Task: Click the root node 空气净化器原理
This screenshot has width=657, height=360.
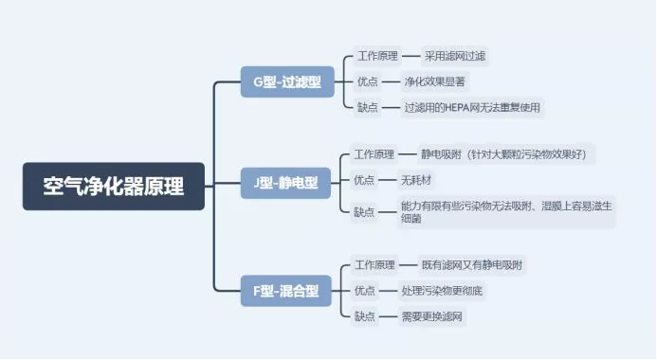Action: coord(113,187)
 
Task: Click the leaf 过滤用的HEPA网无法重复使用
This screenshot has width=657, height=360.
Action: coord(471,107)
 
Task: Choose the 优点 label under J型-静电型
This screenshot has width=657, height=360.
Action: coord(364,179)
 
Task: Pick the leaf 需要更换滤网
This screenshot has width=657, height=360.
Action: coord(434,315)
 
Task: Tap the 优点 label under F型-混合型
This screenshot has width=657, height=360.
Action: coord(365,290)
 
